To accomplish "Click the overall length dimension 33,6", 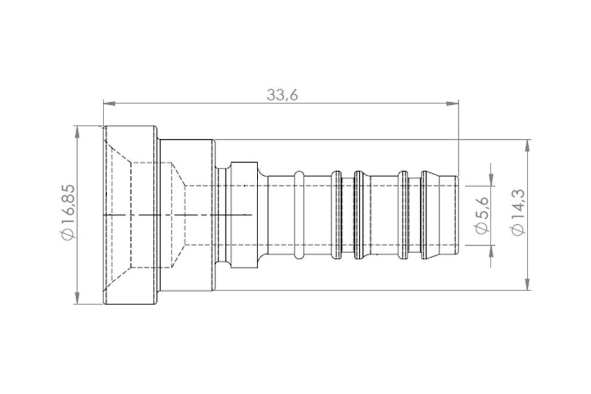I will click(281, 95).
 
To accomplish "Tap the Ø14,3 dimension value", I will click(517, 213).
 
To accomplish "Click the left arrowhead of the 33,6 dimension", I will click(108, 103).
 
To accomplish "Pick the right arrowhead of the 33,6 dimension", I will click(454, 103).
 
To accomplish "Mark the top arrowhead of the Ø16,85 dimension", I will click(77, 131).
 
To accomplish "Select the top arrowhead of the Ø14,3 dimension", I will click(528, 145).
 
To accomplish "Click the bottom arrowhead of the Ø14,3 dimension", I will click(528, 285).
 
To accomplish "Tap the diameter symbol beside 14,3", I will click(517, 230).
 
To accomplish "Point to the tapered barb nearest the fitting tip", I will click(428, 215).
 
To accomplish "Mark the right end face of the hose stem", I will click(458, 215).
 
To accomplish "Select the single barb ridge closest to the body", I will click(299, 215).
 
